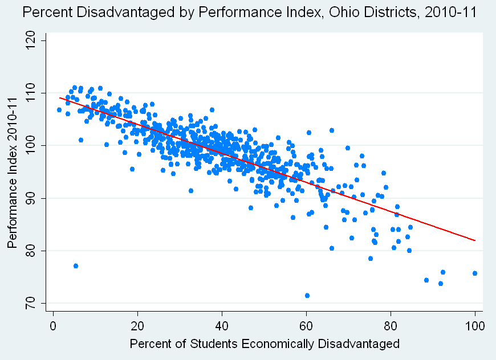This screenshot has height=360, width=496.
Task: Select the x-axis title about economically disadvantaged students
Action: tap(265, 345)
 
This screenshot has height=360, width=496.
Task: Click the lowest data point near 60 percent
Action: tap(307, 296)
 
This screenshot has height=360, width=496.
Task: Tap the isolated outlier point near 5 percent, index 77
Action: tap(76, 266)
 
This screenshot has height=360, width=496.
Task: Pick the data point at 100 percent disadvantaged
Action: tap(475, 273)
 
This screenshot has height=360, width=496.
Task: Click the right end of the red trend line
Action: tap(474, 240)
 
